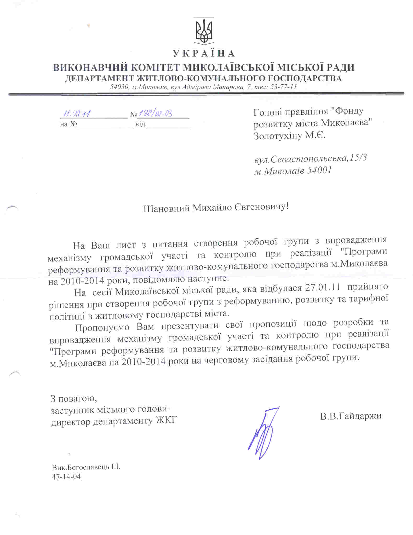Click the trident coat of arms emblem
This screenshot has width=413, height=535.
click(x=204, y=31)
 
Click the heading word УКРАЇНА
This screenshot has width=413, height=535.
click(x=204, y=54)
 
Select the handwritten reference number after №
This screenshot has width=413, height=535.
click(x=155, y=114)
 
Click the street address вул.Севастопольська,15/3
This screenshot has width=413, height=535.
click(x=311, y=159)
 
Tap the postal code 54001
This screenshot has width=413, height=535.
click(x=319, y=171)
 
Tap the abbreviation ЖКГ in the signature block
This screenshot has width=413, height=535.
click(x=167, y=421)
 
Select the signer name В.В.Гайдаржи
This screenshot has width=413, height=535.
click(x=351, y=416)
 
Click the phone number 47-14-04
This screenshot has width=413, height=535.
click(x=66, y=477)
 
